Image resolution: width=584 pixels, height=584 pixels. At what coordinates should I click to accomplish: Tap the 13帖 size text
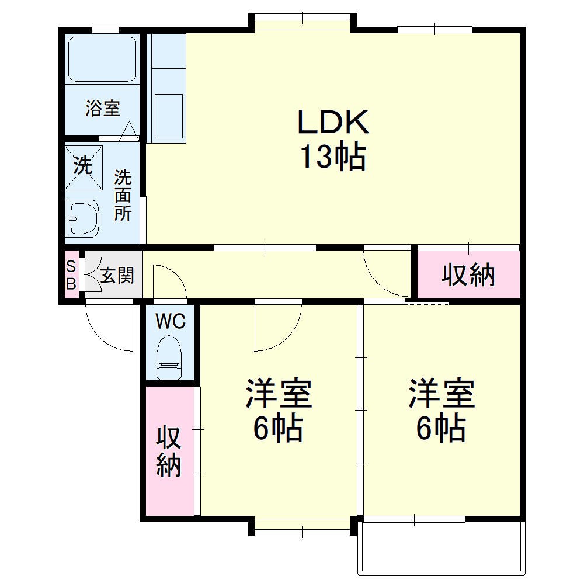tap(333, 157)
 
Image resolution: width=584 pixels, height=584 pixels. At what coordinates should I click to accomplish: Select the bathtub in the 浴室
tap(103, 59)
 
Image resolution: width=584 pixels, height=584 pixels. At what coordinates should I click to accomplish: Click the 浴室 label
tap(103, 108)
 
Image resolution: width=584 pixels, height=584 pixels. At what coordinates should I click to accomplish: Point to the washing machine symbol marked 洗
tap(83, 166)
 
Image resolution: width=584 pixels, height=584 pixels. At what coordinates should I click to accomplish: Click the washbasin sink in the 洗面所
tap(82, 218)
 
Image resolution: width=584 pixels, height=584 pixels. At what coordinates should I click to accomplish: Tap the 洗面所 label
tap(123, 195)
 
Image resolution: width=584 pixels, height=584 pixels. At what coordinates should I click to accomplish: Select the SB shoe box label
tap(71, 275)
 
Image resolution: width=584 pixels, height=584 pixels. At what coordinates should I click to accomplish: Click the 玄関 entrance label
tap(117, 275)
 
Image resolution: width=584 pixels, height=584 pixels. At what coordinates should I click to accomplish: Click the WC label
tap(171, 321)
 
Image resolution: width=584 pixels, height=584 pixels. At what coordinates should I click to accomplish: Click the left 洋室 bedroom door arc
tap(278, 327)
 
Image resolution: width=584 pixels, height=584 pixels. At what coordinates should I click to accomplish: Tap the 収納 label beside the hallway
tap(468, 274)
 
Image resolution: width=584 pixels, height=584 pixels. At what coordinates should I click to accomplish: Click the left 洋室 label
tap(278, 394)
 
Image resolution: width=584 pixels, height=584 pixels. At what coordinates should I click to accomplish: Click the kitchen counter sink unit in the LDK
tap(168, 88)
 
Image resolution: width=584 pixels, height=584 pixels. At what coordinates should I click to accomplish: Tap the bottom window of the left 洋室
tap(303, 527)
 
